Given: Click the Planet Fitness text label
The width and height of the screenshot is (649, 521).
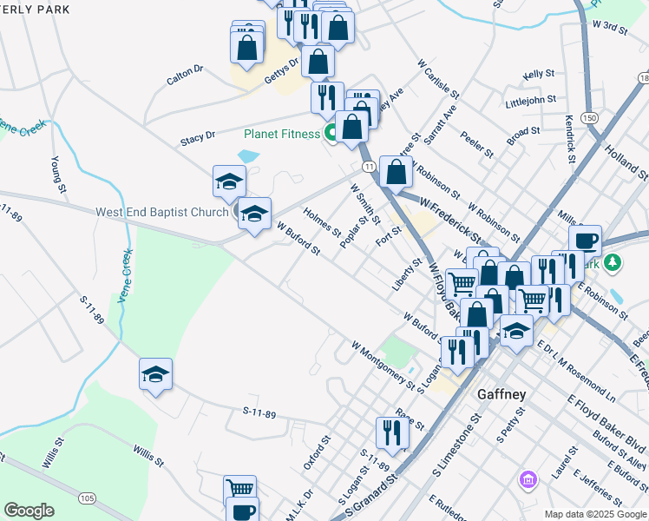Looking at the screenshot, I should (281, 134).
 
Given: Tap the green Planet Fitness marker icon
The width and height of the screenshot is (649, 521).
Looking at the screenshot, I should (331, 133).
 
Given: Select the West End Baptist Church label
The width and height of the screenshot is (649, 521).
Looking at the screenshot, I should (161, 211).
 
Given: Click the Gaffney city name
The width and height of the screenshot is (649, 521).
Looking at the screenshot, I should (502, 393).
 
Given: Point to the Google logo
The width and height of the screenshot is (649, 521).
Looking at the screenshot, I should (29, 511).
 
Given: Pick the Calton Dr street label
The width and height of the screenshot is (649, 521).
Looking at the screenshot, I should (185, 75).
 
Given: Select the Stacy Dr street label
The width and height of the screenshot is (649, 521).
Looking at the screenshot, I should (198, 138).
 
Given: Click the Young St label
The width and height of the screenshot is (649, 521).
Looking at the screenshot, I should (58, 174).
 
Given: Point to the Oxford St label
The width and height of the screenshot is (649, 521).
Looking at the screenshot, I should (318, 452).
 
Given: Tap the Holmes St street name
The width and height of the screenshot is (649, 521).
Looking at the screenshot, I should (322, 221).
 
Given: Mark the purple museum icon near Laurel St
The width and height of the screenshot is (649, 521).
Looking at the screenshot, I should (526, 478).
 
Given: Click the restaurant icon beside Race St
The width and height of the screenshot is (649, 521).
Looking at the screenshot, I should (392, 432).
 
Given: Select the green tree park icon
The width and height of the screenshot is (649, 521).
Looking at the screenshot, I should (613, 261).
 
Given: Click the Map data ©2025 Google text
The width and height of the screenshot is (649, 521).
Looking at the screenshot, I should (594, 513).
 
